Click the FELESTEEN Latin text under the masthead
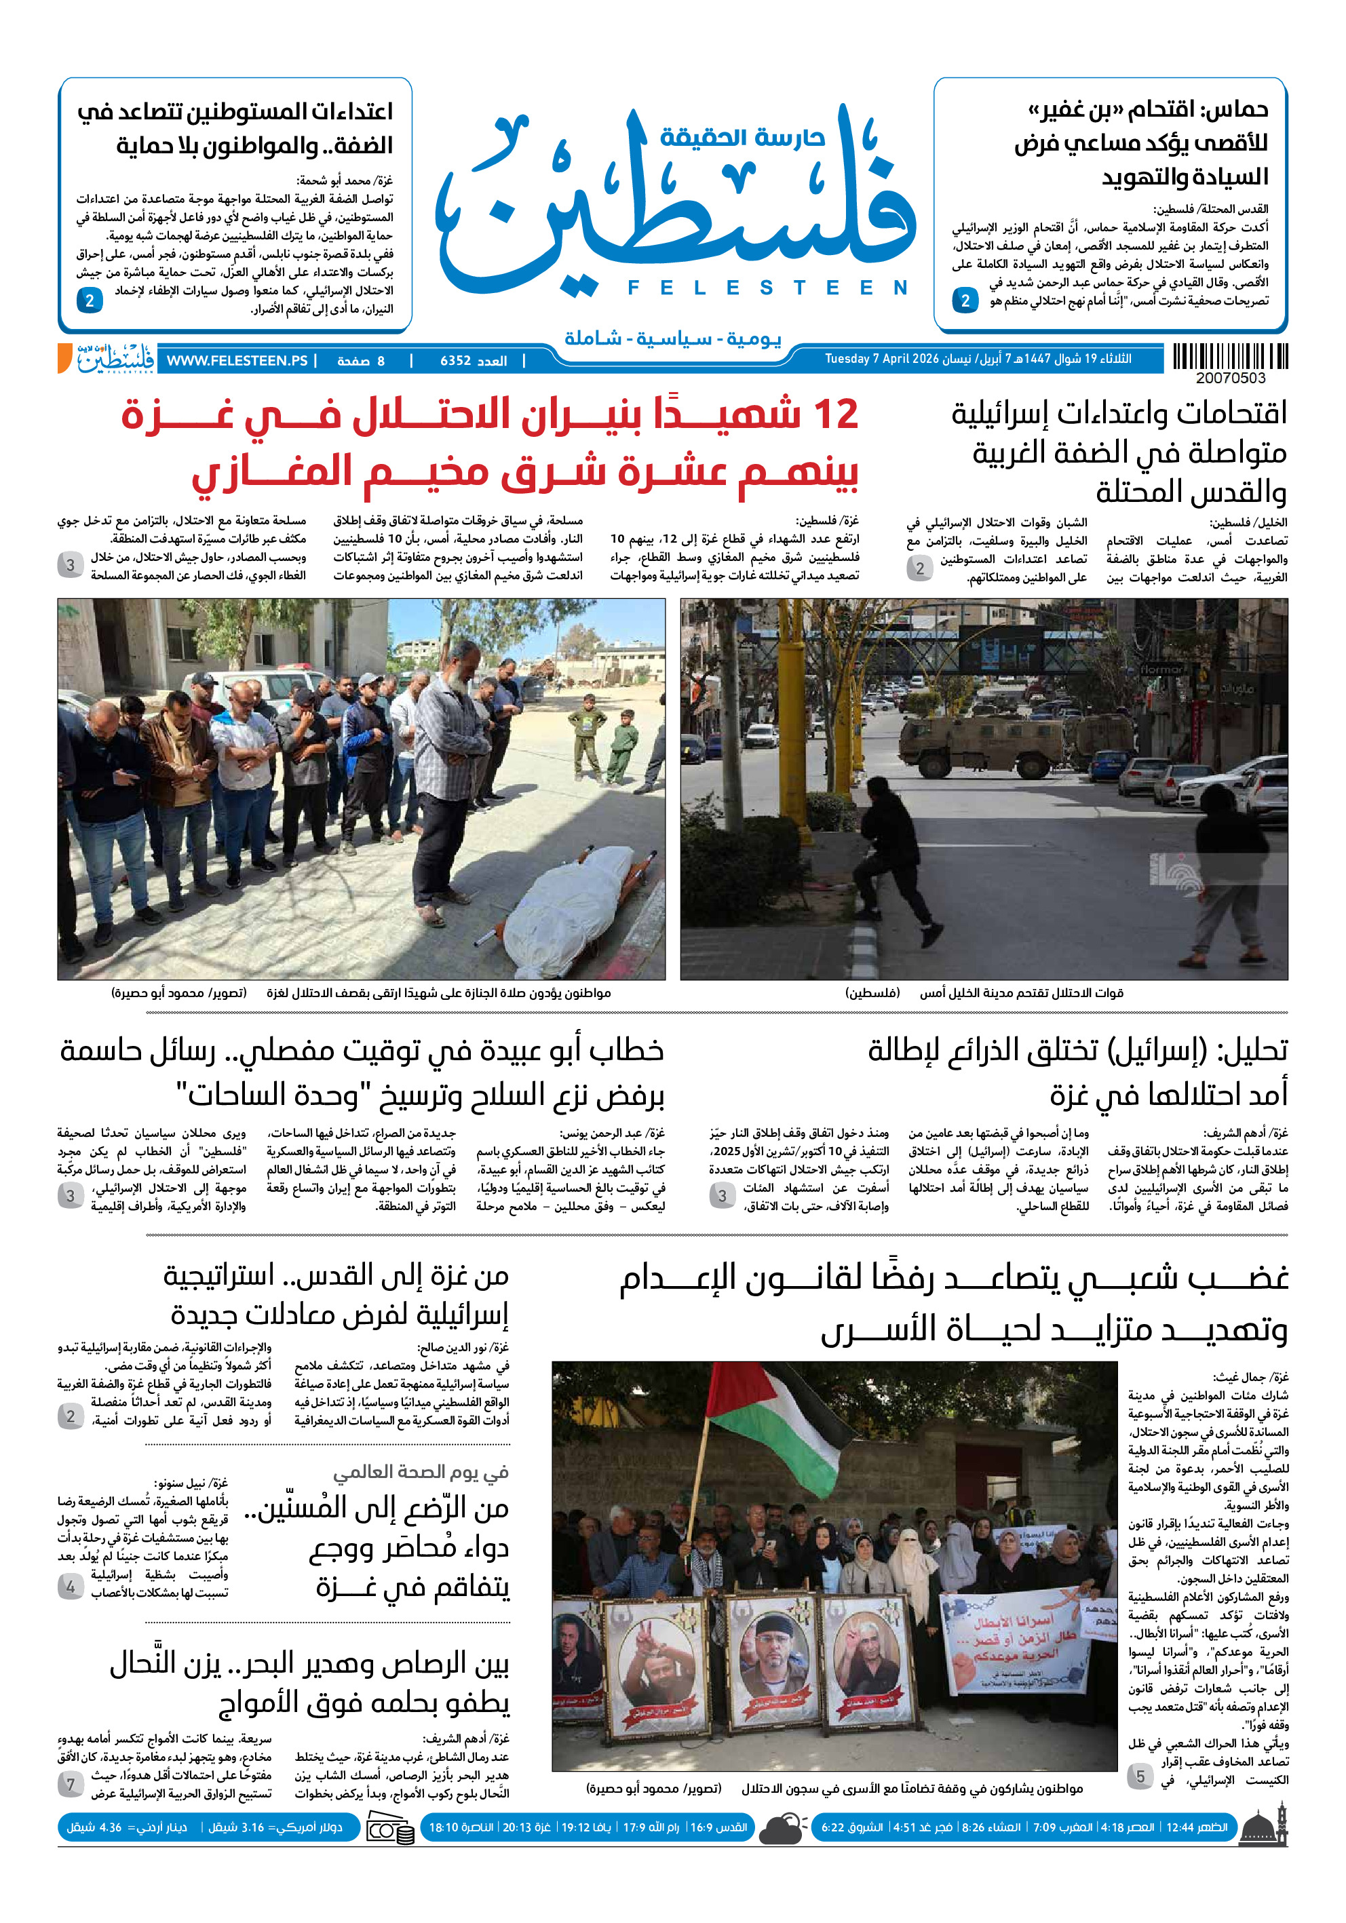pyautogui.click(x=767, y=288)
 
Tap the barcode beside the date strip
pyautogui.click(x=1229, y=357)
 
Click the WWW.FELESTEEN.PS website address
pyautogui.click(x=237, y=361)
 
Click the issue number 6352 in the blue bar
pyautogui.click(x=456, y=361)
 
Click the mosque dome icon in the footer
pyautogui.click(x=1264, y=1827)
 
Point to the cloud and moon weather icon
pyautogui.click(x=782, y=1827)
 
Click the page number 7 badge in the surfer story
pyautogui.click(x=71, y=1785)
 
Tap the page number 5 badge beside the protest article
pyautogui.click(x=1139, y=1776)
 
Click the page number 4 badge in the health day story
pyautogui.click(x=71, y=1587)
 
